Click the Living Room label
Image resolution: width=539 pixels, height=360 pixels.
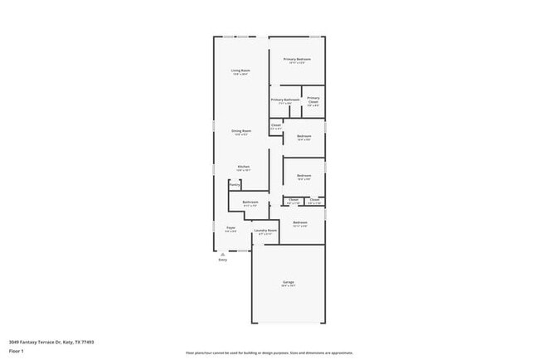(x=240, y=71)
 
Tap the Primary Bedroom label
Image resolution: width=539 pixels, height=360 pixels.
(x=297, y=59)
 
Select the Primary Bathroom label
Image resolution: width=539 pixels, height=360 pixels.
(x=284, y=100)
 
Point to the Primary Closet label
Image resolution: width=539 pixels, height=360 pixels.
(x=313, y=99)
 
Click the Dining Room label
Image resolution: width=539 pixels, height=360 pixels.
(x=241, y=131)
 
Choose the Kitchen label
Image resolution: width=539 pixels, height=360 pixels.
(x=243, y=167)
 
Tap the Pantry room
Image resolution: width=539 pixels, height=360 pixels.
(x=236, y=185)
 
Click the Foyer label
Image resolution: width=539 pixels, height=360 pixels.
(x=231, y=227)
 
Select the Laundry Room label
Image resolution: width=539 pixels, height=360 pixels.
(x=265, y=231)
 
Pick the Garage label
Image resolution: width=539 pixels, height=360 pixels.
(x=288, y=282)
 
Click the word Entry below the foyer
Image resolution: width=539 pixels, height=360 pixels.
(x=222, y=260)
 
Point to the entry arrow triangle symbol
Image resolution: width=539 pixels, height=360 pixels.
(x=222, y=254)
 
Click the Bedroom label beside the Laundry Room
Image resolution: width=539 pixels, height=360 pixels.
(x=300, y=222)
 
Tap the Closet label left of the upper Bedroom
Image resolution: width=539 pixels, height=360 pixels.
(x=276, y=126)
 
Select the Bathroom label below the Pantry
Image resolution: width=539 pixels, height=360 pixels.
(x=250, y=202)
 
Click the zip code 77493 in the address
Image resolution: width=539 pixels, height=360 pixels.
(x=87, y=341)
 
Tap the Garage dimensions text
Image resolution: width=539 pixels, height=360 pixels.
(x=288, y=286)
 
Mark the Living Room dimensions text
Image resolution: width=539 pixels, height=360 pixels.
(x=240, y=75)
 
